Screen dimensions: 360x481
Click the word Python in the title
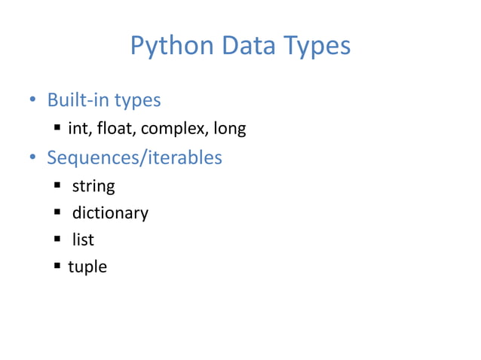click(172, 47)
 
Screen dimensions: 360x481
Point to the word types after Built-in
click(136, 100)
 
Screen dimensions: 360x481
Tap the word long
click(229, 130)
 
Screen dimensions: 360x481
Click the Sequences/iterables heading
click(134, 158)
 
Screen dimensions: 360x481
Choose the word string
click(93, 185)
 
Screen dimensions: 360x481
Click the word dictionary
click(110, 213)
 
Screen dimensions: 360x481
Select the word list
click(83, 240)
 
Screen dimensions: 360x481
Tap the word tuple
click(87, 267)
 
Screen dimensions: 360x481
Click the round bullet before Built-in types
click(32, 100)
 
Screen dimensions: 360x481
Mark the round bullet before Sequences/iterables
click(32, 158)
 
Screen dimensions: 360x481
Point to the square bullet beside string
click(57, 185)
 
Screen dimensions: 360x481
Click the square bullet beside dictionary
click(57, 212)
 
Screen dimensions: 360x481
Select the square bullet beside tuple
click(57, 266)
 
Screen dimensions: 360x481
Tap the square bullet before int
click(57, 129)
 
